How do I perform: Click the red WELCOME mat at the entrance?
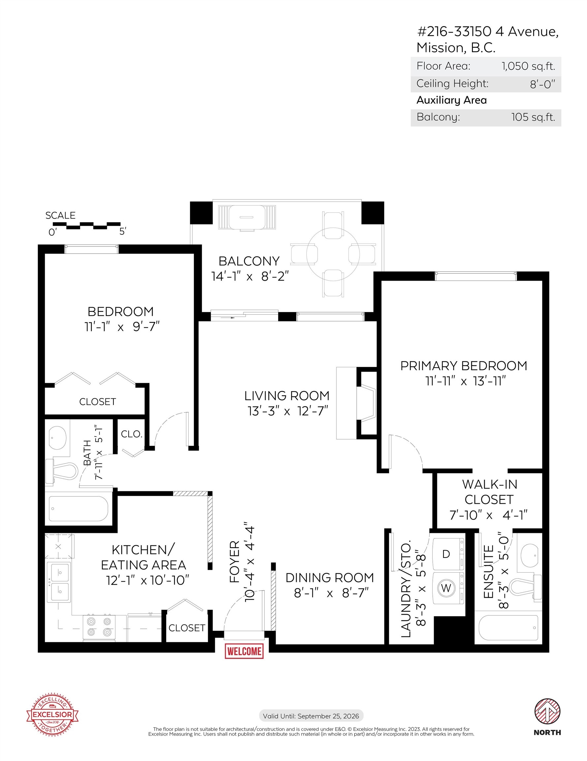coord(244,651)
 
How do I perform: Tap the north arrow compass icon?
coord(547,711)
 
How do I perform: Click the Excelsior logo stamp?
coord(52,714)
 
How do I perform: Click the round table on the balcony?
coord(333,254)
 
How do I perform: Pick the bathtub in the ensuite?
coord(509,628)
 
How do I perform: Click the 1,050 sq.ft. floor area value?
coord(528,66)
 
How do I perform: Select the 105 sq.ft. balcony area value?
coord(533,117)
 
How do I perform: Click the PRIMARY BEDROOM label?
coord(463,366)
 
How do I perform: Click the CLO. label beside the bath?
coord(132,434)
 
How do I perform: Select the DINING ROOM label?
coord(329,577)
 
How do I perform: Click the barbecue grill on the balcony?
coord(247,217)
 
